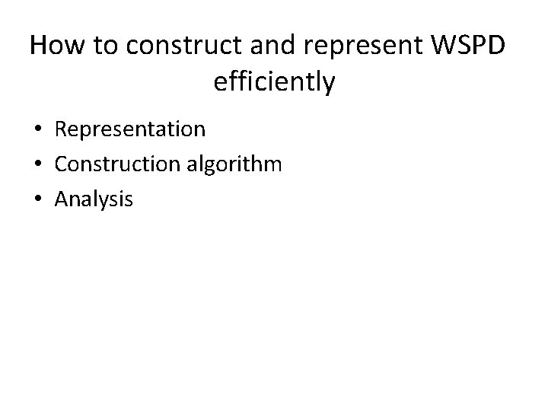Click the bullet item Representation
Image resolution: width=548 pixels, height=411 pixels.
[x=130, y=129]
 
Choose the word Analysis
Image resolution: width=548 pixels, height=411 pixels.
[x=94, y=200]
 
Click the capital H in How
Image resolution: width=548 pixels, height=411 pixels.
[x=39, y=46]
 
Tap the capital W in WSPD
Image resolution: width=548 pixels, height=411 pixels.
[x=441, y=46]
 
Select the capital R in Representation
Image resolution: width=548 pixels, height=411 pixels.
[x=61, y=129]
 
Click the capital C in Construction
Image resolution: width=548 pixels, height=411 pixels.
[x=61, y=164]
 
